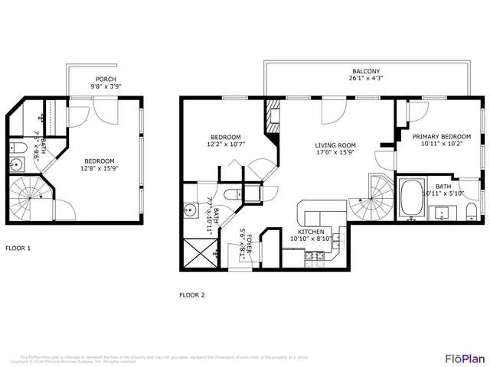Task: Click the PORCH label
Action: click(x=106, y=80)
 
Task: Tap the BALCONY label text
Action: click(x=366, y=70)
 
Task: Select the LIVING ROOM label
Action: click(x=335, y=145)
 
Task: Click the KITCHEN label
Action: click(x=311, y=232)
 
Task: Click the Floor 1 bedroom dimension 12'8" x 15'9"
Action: click(x=99, y=169)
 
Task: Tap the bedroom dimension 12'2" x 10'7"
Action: click(x=226, y=144)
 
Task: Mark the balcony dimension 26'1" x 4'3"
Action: click(x=366, y=78)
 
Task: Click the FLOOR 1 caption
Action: click(x=18, y=248)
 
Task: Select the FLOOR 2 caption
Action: click(x=192, y=294)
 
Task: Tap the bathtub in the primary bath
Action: click(x=413, y=196)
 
